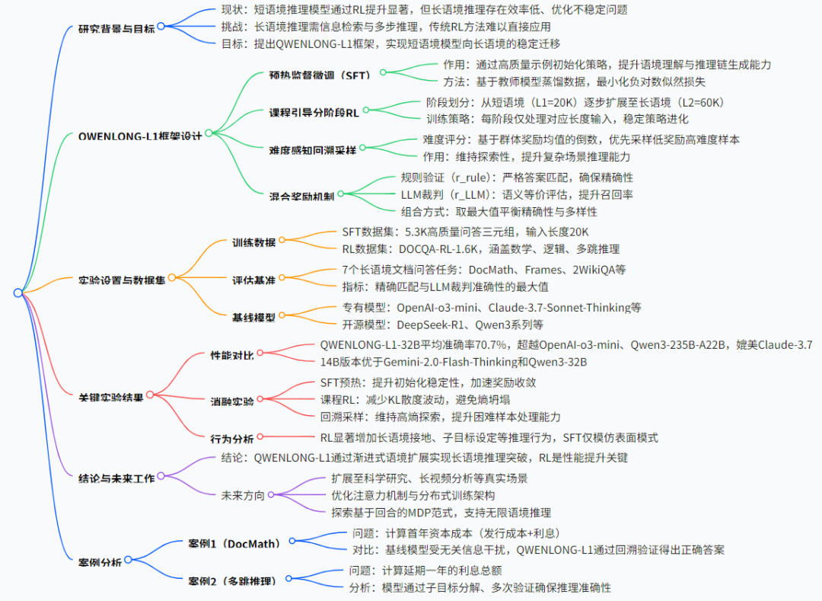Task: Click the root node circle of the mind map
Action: pos(18,293)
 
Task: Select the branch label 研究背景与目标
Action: pos(116,29)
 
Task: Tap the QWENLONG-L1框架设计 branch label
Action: pos(140,136)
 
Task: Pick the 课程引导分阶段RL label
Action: pos(314,112)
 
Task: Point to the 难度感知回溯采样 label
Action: pos(312,150)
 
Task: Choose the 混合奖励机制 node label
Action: pos(301,195)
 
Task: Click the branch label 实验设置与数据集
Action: pos(122,280)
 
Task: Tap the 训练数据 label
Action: pos(253,242)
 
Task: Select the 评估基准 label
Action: pos(253,280)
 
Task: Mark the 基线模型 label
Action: pos(253,317)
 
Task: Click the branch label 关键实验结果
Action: pos(111,397)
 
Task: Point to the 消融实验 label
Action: pos(232,400)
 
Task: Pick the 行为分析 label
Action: pos(232,438)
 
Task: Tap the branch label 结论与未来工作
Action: pos(116,478)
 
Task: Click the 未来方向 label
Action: pos(243,494)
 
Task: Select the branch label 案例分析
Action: pos(100,562)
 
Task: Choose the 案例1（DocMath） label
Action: pos(234,543)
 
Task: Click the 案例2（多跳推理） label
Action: pos(232,581)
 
